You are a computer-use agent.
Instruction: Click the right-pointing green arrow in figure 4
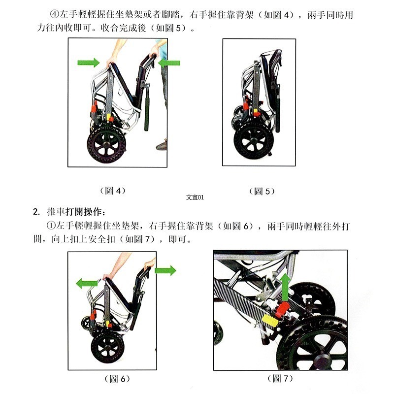click(89, 63)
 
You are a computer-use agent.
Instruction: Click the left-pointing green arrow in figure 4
click(169, 63)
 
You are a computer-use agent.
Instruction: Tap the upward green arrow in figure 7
click(285, 285)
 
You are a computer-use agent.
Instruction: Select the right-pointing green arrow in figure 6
click(165, 270)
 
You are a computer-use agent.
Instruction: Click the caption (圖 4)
click(109, 191)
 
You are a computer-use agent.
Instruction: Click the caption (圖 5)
click(262, 191)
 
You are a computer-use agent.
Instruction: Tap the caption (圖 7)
click(280, 379)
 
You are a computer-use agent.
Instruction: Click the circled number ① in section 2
click(50, 226)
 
